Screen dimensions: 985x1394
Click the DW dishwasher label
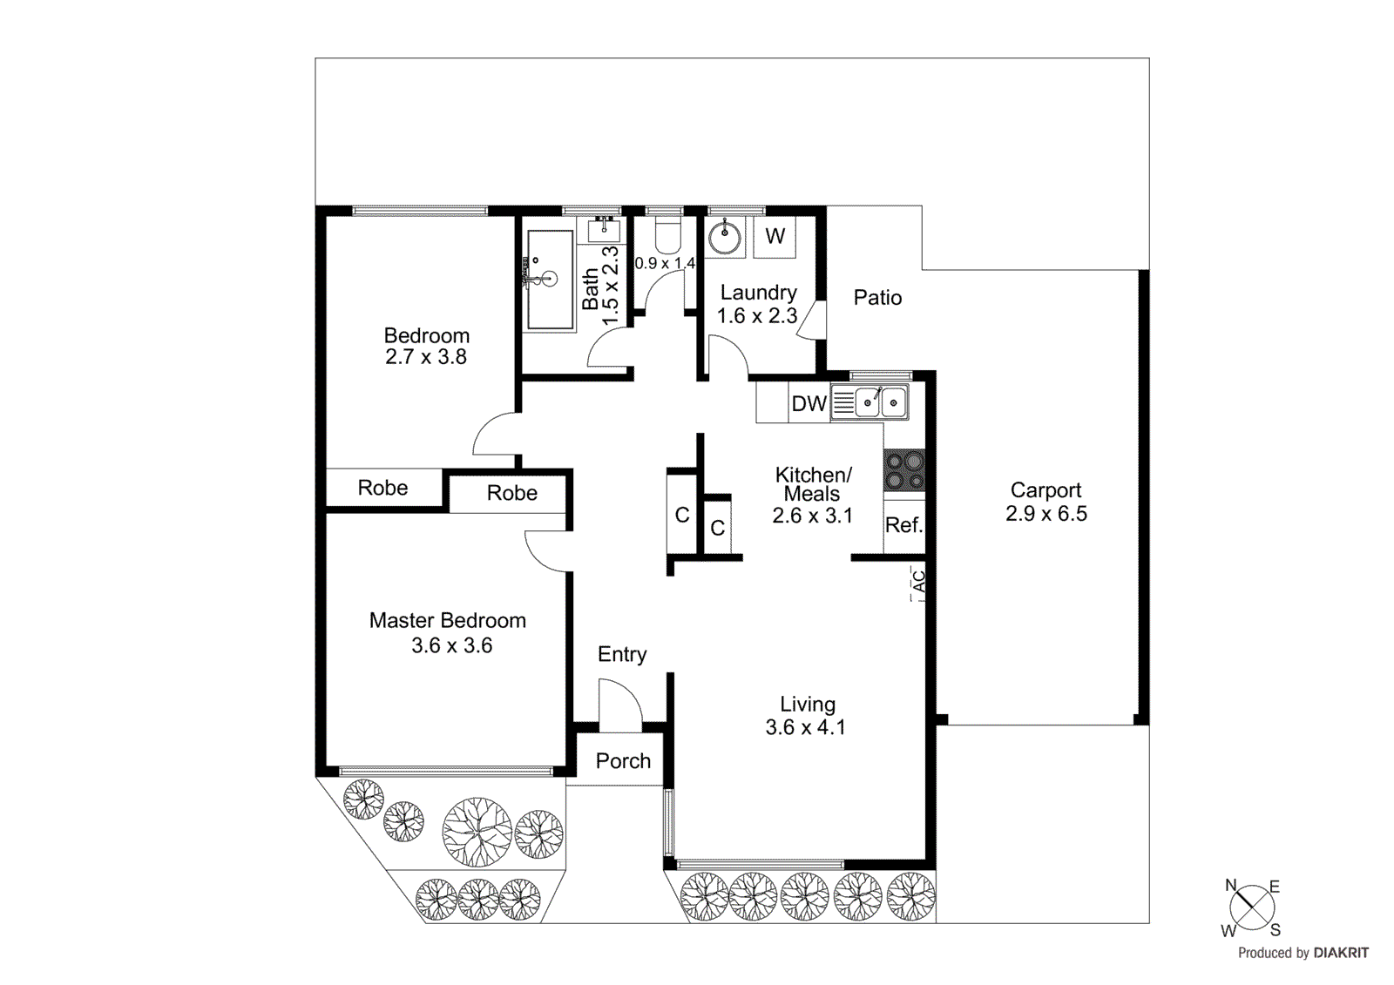click(809, 404)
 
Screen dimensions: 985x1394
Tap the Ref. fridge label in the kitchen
click(903, 525)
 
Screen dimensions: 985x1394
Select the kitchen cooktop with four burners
click(904, 470)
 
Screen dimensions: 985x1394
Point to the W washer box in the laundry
click(775, 236)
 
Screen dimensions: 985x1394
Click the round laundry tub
click(724, 237)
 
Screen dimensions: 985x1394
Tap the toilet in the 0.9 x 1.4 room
click(667, 234)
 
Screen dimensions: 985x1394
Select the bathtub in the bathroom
click(550, 279)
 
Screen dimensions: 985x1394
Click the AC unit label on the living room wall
click(917, 582)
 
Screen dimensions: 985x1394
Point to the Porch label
click(623, 761)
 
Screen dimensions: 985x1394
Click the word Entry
click(622, 655)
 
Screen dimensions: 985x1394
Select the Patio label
click(877, 298)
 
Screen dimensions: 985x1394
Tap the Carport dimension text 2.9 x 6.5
click(1045, 514)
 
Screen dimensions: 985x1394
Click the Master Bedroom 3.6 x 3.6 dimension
click(451, 645)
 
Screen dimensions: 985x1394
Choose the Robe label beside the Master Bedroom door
click(511, 493)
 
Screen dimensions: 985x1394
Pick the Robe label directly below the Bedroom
click(382, 488)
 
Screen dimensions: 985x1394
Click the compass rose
click(1252, 907)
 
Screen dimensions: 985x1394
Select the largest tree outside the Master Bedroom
click(477, 831)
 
